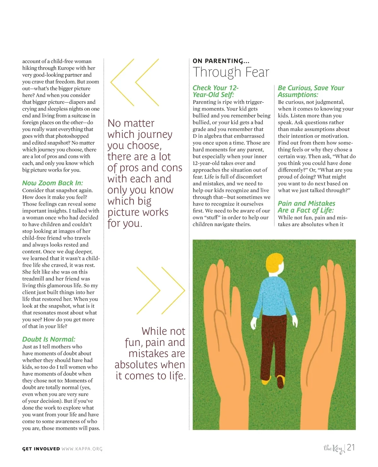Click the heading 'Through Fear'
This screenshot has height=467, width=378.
(231, 72)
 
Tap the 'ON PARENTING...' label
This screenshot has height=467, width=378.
(221, 61)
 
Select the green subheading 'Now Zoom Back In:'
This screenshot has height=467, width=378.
(53, 183)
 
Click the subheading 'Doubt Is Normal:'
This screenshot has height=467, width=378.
(49, 339)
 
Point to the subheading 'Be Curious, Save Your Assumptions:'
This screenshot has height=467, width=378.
(311, 91)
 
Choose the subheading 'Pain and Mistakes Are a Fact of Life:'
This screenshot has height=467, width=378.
(306, 207)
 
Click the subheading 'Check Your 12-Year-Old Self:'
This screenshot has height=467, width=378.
(215, 91)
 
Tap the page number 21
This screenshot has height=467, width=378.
(351, 447)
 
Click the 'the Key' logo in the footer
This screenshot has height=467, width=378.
(334, 448)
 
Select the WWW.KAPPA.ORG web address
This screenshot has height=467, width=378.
(82, 449)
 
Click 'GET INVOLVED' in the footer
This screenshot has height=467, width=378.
(41, 449)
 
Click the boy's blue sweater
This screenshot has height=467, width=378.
(272, 296)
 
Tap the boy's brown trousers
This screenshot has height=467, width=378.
(272, 340)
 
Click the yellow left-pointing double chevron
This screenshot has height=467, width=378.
(135, 82)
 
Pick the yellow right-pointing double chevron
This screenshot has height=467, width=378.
(161, 290)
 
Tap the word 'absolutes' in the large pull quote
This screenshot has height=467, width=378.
(136, 365)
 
